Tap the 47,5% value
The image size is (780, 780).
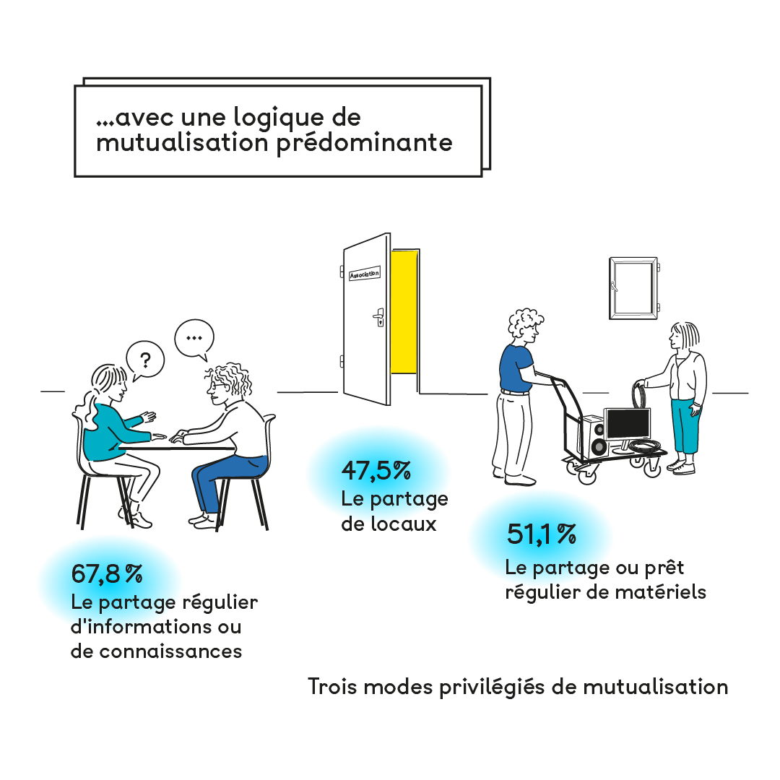tap(376, 472)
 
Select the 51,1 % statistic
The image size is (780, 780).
tap(541, 534)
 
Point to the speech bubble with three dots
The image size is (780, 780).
tap(194, 337)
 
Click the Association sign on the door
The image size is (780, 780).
tap(364, 275)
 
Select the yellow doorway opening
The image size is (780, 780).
tap(404, 311)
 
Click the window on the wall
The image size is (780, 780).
tap(633, 287)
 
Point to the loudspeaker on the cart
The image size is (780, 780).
tap(598, 438)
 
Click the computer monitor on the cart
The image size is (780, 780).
tap(627, 423)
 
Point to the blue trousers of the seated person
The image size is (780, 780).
tap(217, 480)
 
